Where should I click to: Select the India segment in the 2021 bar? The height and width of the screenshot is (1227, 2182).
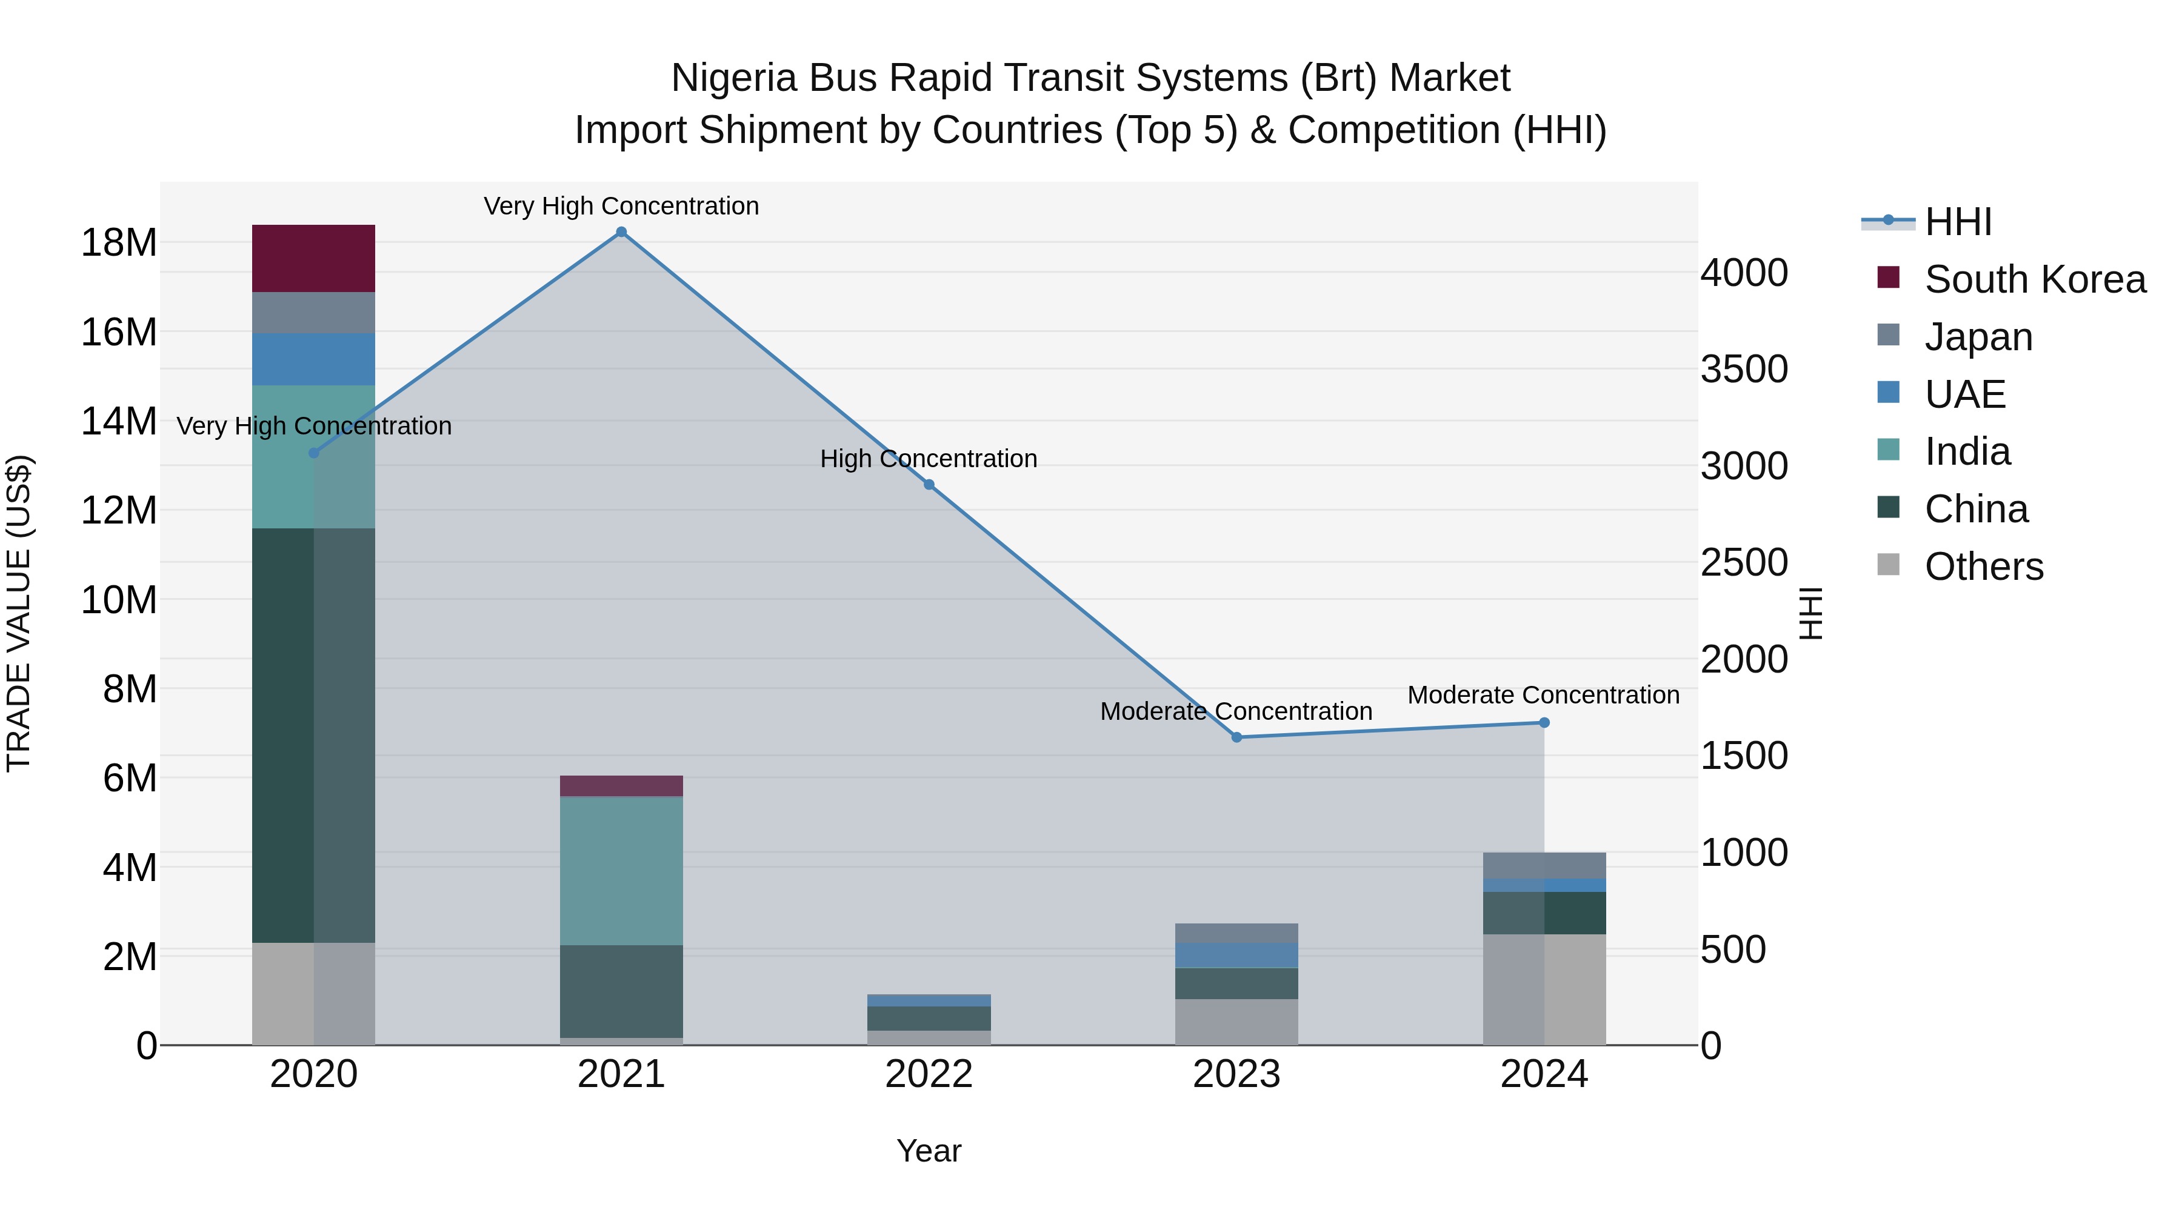(621, 871)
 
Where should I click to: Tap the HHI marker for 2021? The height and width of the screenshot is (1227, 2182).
(621, 232)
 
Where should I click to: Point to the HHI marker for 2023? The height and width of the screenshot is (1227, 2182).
(1236, 737)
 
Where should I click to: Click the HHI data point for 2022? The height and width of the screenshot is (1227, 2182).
(929, 484)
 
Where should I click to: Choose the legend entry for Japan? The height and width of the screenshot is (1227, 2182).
(1978, 336)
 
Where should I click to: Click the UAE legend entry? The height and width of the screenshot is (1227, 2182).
(1964, 394)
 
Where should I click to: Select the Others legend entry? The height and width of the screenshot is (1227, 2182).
(1983, 566)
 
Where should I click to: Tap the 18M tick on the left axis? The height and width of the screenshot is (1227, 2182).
(119, 243)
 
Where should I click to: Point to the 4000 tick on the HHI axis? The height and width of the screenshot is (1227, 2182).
(1744, 273)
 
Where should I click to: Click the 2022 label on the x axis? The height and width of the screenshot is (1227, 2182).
(929, 1074)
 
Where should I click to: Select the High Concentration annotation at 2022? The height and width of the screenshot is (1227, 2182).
(929, 458)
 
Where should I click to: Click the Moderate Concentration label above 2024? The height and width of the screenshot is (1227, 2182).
(1543, 694)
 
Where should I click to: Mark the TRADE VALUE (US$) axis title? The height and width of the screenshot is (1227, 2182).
(19, 613)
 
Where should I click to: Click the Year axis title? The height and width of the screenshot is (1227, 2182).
(929, 1151)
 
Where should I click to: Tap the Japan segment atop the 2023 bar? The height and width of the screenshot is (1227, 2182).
(1236, 933)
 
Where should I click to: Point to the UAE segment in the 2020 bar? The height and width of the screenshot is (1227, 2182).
(313, 359)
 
